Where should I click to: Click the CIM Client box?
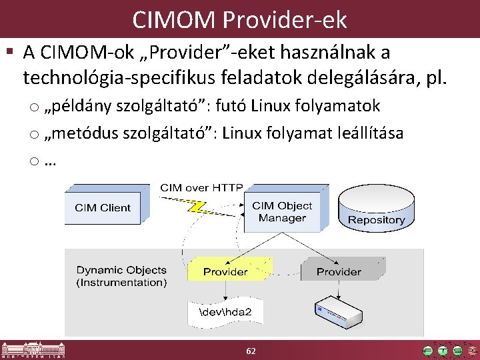point(102,207)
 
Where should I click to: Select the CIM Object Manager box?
point(282,212)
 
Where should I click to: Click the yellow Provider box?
point(225,271)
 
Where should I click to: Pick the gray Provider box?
point(339,271)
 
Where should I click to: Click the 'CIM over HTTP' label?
point(201,188)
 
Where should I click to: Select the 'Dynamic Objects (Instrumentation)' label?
point(121,276)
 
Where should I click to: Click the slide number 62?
point(251,351)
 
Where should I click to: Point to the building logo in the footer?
point(29,351)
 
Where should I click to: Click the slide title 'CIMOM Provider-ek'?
point(239,20)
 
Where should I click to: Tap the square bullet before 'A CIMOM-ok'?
point(9,52)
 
